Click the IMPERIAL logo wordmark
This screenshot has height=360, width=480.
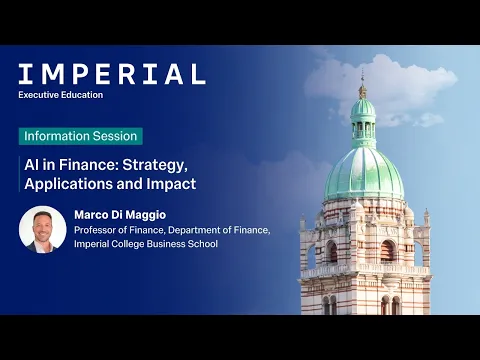tap(111, 73)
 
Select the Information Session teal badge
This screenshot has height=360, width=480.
tap(80, 136)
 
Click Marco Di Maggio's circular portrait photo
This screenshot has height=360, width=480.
tap(43, 229)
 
